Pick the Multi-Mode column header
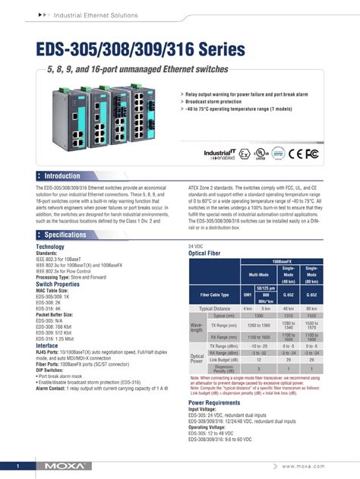pos(259,275)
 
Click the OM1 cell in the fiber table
pos(247,295)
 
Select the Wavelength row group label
pos(196,327)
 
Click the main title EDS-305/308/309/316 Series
pos(141,50)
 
